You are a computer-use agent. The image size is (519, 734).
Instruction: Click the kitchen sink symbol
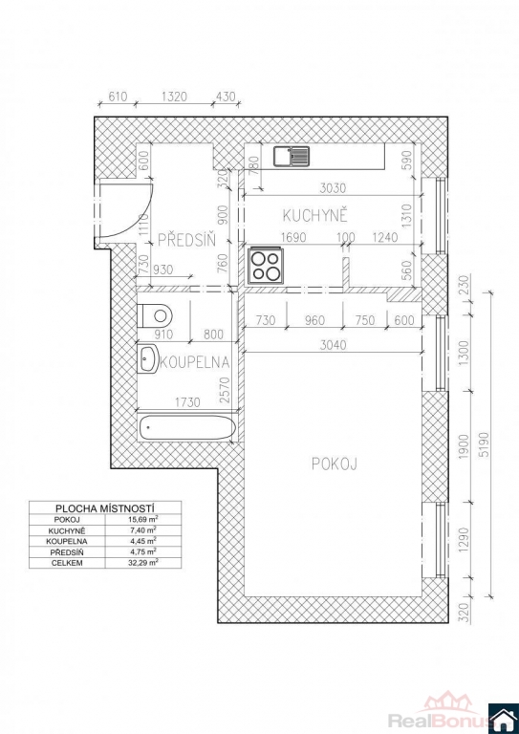tap(292, 157)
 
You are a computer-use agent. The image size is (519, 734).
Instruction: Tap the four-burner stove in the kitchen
tap(265, 265)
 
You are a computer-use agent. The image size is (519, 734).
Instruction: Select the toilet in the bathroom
tap(155, 315)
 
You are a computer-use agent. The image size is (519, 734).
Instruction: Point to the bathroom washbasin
tap(148, 359)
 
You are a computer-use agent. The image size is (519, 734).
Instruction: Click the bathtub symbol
tap(187, 427)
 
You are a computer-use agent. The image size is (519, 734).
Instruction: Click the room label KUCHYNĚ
tap(315, 216)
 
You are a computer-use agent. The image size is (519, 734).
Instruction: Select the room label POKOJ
tap(335, 464)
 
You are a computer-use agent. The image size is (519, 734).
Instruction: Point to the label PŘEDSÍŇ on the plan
tap(186, 240)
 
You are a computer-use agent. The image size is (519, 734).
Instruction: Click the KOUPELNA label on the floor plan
tap(195, 362)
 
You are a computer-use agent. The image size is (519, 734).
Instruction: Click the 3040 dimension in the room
tap(335, 345)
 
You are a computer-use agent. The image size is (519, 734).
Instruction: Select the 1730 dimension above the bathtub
tap(186, 402)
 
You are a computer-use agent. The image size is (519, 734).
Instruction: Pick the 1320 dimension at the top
tap(174, 97)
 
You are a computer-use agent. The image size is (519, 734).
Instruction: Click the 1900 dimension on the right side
tap(464, 446)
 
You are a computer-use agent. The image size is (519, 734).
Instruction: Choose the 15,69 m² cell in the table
tap(143, 520)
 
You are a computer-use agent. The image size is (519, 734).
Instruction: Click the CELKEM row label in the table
tap(68, 564)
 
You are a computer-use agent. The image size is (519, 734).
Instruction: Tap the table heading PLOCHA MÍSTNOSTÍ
tap(105, 508)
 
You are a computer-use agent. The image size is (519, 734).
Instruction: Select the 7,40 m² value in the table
tap(143, 530)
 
